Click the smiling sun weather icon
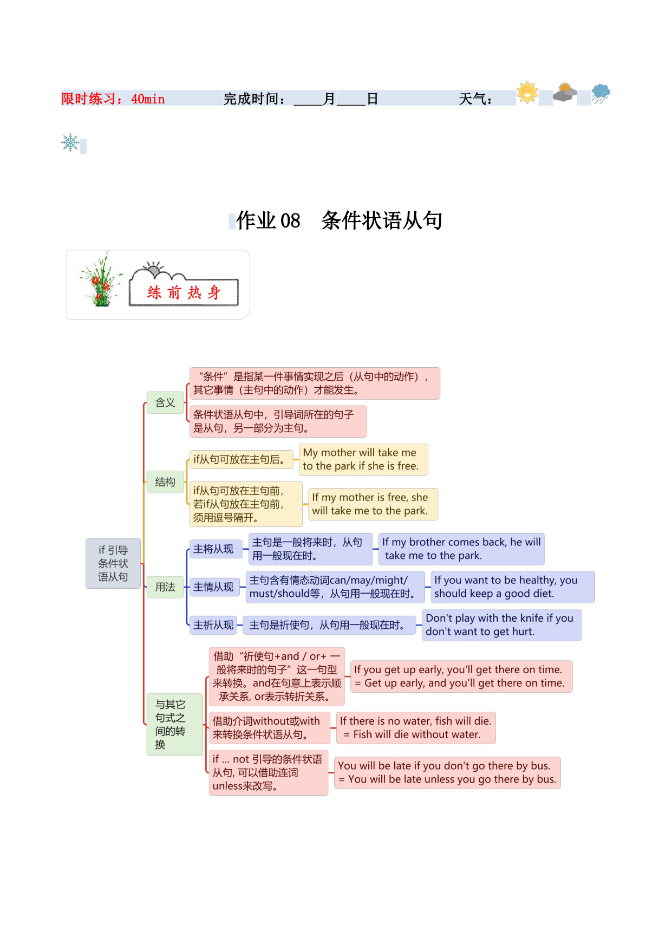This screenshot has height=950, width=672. pos(527,92)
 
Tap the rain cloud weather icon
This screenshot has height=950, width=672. pos(601,93)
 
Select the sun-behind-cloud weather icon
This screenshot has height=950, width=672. pos(565,93)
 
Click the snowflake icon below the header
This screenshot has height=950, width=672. pos(70,142)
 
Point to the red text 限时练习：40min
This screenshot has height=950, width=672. pos(113,99)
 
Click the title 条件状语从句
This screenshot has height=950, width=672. pos(382,220)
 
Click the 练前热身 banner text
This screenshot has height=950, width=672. pos(184,292)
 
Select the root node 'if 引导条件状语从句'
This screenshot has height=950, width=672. pos(113,563)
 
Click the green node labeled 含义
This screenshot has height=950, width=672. pos(165,402)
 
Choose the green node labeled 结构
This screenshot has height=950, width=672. pos(165,482)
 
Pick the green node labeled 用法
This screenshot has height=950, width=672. pos(165,587)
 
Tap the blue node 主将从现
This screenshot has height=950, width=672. pos(213,549)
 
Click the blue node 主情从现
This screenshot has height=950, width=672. pos(213,587)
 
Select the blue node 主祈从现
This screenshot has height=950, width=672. pos(213,625)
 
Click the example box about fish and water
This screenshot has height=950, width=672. pos(415,728)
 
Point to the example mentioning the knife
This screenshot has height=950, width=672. pos(501,625)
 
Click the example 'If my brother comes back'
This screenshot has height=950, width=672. pos(461,549)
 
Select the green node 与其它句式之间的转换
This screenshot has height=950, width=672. pos(174,725)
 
